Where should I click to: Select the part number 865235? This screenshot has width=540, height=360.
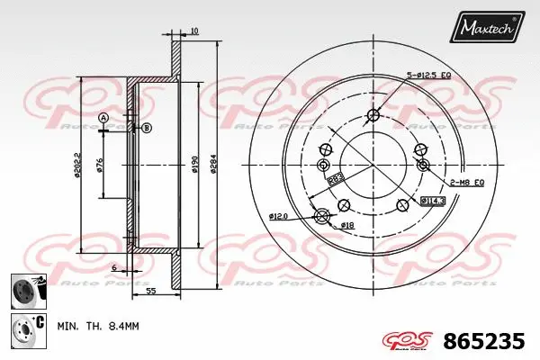[486, 342]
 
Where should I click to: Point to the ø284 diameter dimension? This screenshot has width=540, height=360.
[213, 165]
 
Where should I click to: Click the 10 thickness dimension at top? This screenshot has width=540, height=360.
[194, 32]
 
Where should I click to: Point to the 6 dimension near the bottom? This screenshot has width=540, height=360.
[115, 268]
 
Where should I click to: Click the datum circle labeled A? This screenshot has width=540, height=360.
[103, 119]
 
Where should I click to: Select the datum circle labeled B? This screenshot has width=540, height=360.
[148, 128]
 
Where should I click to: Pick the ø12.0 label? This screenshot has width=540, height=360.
[277, 215]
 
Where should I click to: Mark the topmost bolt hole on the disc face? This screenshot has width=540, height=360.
[373, 114]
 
